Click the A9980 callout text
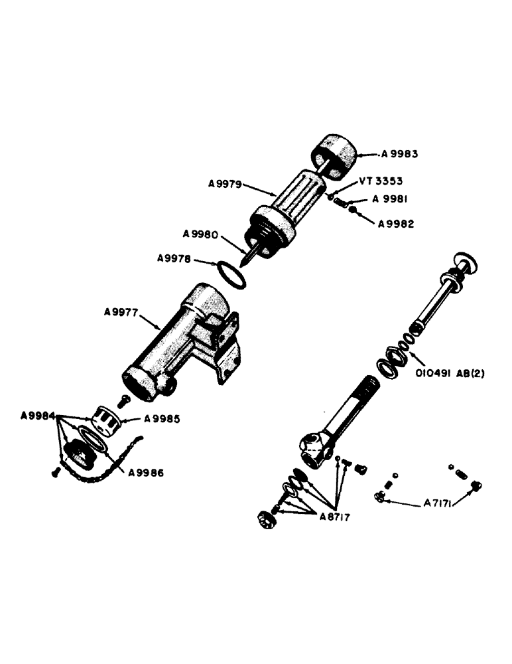203,234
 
